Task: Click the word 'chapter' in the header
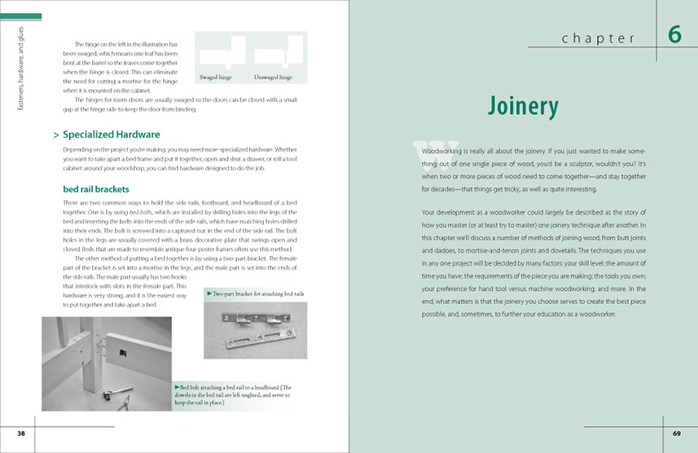(x=599, y=38)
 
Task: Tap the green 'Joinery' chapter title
(x=523, y=107)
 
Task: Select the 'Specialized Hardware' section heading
(x=111, y=134)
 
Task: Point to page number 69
(x=676, y=433)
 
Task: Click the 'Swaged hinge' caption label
(x=217, y=77)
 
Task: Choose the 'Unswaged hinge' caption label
(x=273, y=77)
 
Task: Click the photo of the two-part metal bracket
(x=256, y=330)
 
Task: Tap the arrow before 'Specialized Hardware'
(x=55, y=134)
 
